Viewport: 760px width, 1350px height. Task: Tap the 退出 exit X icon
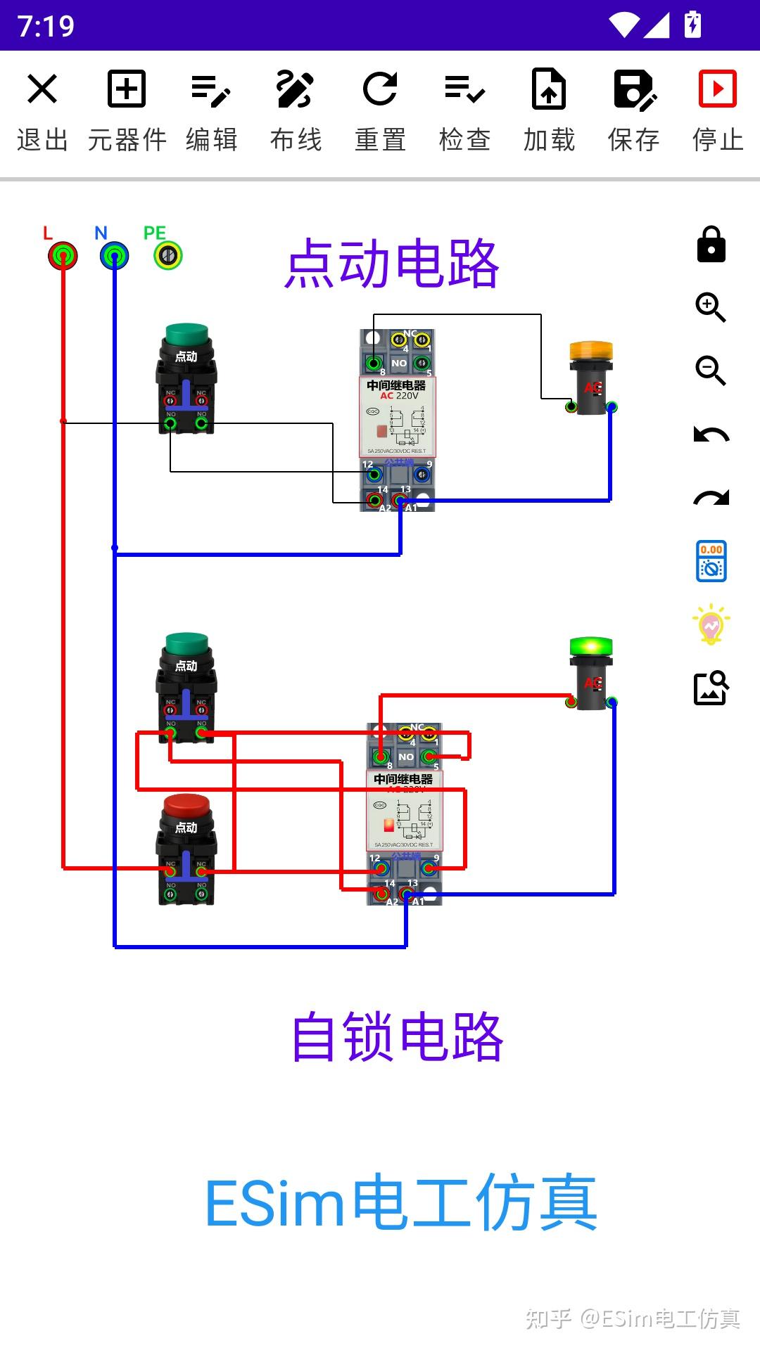(42, 89)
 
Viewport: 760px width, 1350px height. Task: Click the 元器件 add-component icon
(127, 89)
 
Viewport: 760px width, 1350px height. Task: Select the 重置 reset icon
(380, 89)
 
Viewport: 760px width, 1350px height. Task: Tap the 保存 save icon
(633, 89)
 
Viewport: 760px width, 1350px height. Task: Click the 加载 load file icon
(549, 89)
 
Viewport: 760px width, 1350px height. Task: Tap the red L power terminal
(63, 255)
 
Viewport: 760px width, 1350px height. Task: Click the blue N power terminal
(114, 255)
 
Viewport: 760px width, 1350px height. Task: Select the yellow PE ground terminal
(168, 255)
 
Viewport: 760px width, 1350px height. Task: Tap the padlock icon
(711, 245)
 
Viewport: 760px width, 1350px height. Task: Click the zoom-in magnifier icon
(711, 307)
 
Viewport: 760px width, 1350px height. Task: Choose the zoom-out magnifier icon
(711, 371)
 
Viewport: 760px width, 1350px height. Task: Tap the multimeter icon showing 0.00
(711, 561)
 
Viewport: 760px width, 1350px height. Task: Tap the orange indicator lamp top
(591, 351)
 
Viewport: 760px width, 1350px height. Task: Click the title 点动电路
(392, 264)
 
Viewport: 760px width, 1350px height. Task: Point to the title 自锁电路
(398, 1037)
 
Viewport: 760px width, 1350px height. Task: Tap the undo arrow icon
(711, 435)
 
